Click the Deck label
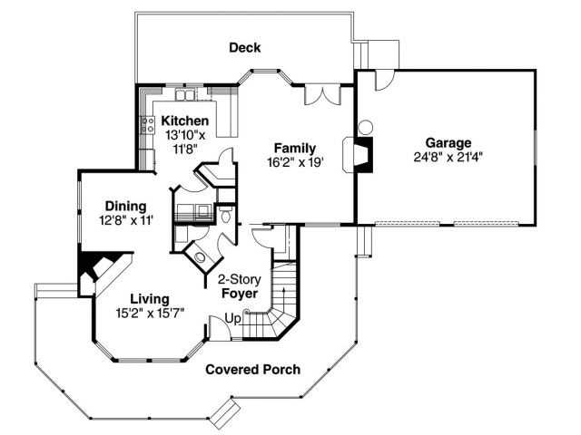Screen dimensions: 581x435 (244, 47)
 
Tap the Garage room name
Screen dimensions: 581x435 (448, 143)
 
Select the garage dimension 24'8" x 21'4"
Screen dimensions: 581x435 (448, 158)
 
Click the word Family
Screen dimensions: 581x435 (295, 148)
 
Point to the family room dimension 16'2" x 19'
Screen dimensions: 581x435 (296, 162)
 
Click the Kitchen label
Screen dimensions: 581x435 (185, 121)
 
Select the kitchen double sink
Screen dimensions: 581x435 (185, 94)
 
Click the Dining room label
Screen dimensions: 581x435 (125, 207)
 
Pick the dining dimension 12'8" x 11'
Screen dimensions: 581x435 (126, 220)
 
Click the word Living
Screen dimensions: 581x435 (150, 299)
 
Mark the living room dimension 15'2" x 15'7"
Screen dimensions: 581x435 (150, 314)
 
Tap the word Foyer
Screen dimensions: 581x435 (240, 294)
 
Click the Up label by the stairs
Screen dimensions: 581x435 (233, 318)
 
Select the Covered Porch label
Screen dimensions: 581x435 (252, 370)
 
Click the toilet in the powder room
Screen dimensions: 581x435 (225, 215)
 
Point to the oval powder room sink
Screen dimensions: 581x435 (201, 257)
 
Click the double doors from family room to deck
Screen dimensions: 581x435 (322, 95)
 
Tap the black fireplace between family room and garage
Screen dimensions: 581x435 (363, 155)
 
